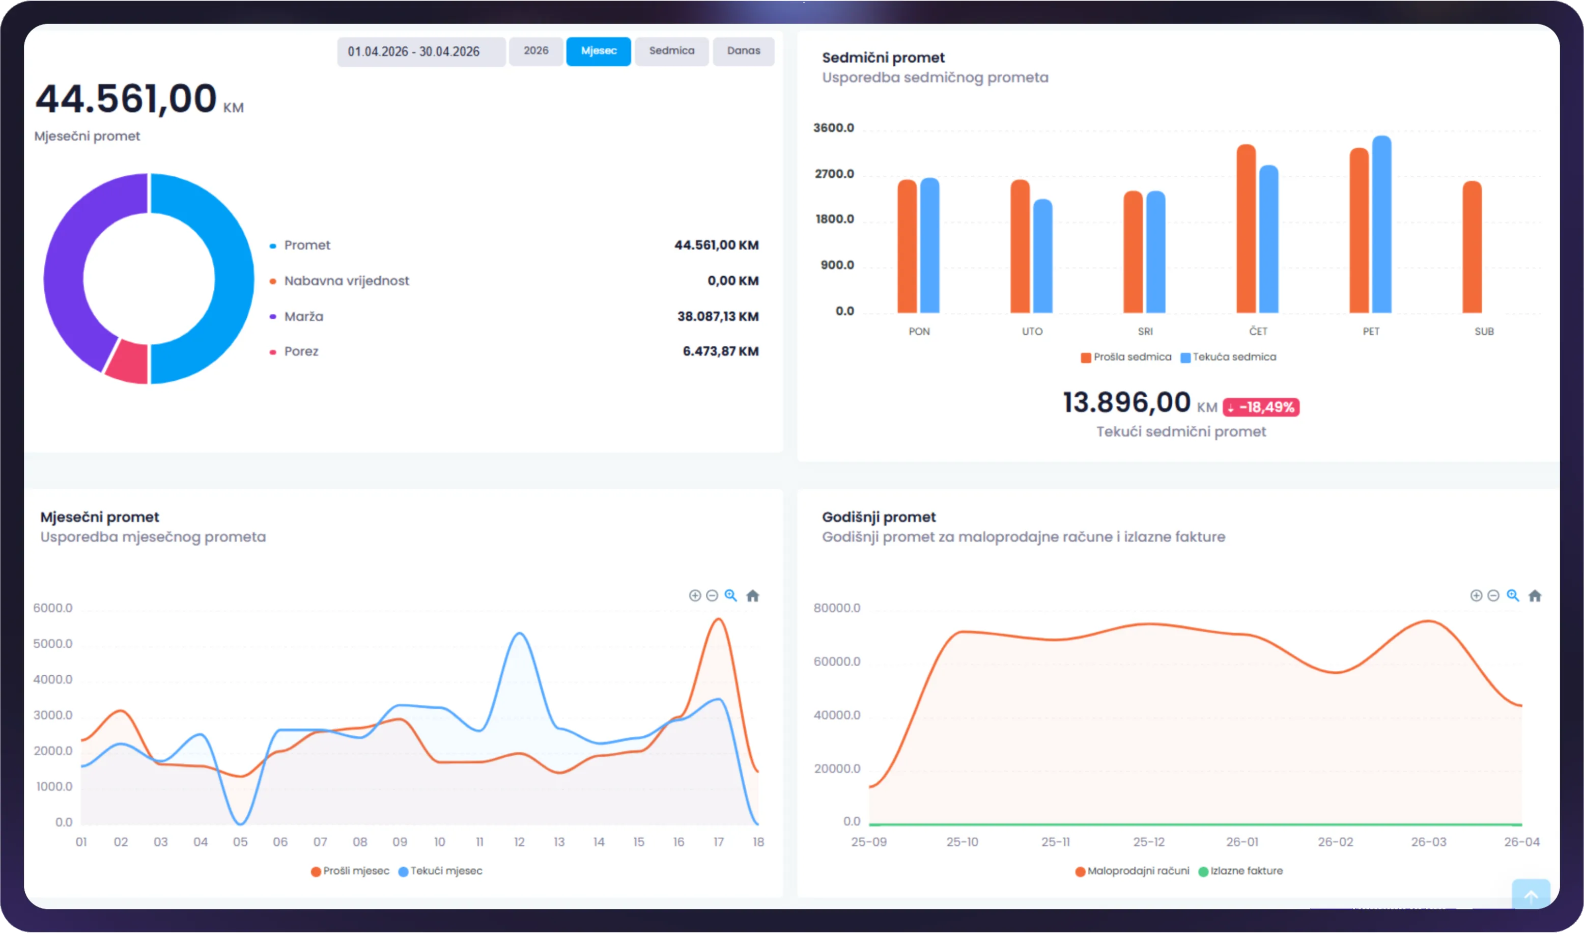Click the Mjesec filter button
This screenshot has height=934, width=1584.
(598, 51)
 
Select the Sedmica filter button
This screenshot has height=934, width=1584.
(672, 51)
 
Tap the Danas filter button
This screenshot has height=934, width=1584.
(744, 51)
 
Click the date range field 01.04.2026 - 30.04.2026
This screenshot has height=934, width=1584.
(421, 51)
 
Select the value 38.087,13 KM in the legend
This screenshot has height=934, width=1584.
(718, 317)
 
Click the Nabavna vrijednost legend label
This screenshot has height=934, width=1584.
(347, 281)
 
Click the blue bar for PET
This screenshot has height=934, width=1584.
(1382, 225)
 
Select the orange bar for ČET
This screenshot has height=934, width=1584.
(1246, 229)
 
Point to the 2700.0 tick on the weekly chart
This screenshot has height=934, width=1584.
(834, 174)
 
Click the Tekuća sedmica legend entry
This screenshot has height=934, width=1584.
(1229, 358)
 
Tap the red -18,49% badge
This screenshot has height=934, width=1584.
(1261, 407)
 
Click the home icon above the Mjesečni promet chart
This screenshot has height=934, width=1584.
(752, 595)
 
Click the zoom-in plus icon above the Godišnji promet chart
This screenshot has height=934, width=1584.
(1476, 595)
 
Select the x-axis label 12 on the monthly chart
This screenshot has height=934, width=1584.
(519, 842)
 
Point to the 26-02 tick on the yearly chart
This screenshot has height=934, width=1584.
(1336, 842)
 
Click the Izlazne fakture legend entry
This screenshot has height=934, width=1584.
(1240, 871)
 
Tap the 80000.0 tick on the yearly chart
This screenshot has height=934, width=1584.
(837, 608)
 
